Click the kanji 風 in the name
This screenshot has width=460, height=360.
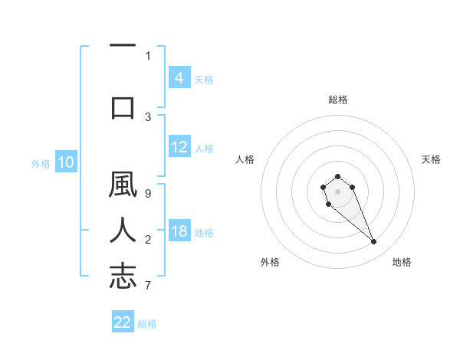(123, 188)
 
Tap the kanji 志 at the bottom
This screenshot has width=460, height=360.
(123, 276)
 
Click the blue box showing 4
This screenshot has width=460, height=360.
(179, 78)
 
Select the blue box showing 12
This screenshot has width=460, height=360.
(179, 147)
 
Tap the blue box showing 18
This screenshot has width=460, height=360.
(179, 232)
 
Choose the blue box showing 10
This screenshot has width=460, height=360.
(65, 162)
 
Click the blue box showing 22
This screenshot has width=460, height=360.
(123, 322)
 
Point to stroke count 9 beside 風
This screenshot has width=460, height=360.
(148, 193)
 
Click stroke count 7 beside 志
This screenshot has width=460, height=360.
(148, 285)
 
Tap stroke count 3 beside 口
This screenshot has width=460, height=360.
(148, 116)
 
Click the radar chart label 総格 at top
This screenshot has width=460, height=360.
(337, 100)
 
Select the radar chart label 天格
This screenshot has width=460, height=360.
(431, 159)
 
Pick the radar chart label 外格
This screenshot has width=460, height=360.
(270, 262)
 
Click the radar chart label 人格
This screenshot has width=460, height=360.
(245, 159)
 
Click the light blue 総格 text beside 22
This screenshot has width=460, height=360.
(147, 324)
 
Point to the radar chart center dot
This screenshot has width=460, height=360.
(337, 191)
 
